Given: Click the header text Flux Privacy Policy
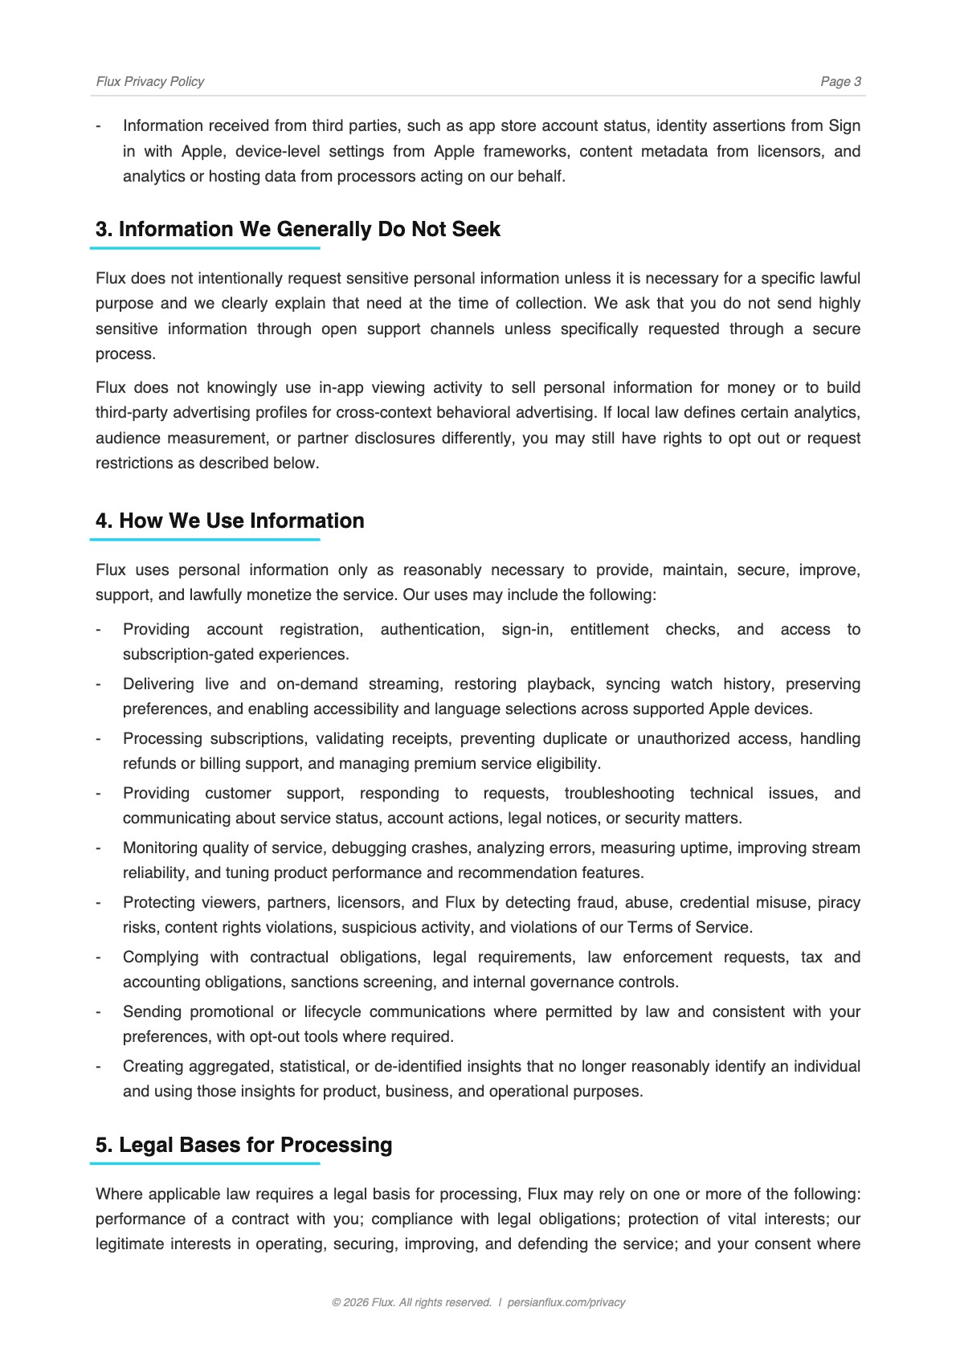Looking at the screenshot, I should click(x=149, y=81).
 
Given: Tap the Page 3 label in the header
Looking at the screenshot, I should click(x=840, y=81).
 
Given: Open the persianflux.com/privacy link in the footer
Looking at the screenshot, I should click(x=566, y=1302).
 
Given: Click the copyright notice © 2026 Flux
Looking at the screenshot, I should click(x=411, y=1302).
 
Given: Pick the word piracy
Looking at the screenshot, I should click(x=839, y=903).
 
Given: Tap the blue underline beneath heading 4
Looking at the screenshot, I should click(x=205, y=540).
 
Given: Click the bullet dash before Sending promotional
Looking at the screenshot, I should click(x=98, y=1012).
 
